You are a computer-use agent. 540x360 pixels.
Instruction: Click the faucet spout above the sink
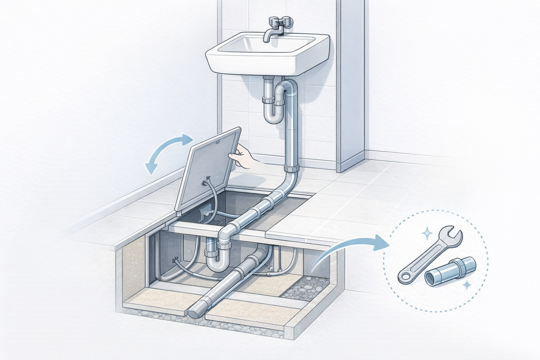click(x=269, y=35)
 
